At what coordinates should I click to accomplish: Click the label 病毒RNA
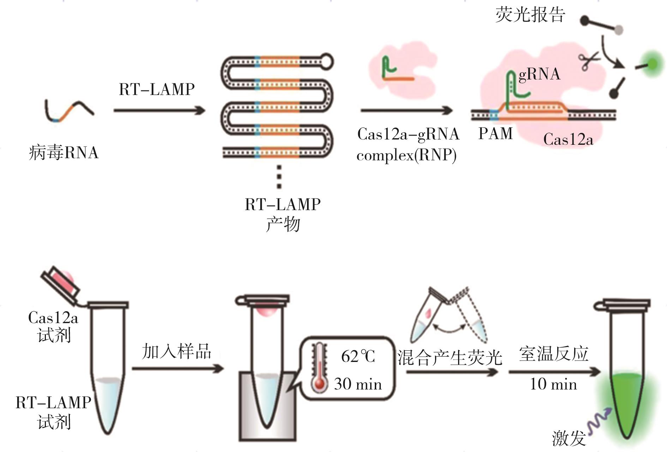click(64, 153)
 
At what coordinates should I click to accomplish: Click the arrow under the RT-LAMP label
click(159, 111)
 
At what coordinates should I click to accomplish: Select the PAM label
click(495, 134)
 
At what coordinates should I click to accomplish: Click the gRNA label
click(539, 74)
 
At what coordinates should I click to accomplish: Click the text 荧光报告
click(530, 15)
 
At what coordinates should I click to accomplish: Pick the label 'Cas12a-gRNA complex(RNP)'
click(408, 144)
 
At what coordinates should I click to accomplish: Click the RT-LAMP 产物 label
click(283, 214)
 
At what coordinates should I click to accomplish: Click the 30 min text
click(358, 384)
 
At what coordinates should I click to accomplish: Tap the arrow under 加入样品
click(178, 369)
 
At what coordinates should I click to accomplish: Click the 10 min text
click(553, 384)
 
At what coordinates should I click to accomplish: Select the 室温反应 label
click(554, 353)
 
